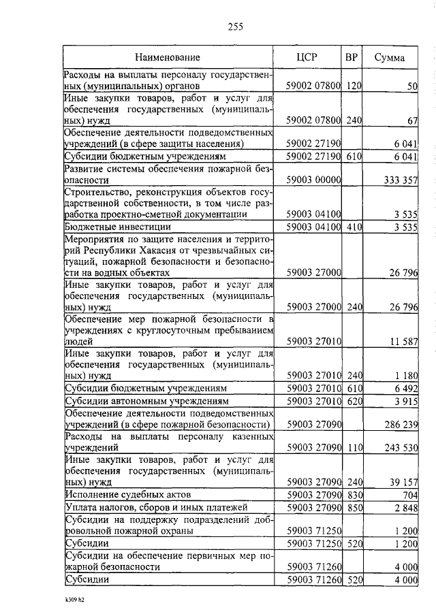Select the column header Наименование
(x=167, y=58)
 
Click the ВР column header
(x=352, y=57)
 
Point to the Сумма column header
(x=390, y=58)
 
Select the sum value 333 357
(x=398, y=180)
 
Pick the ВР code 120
(x=352, y=86)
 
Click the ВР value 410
(x=352, y=227)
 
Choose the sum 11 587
(x=400, y=341)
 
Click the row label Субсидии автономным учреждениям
(x=146, y=401)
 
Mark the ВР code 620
(x=352, y=401)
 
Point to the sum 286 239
(x=398, y=424)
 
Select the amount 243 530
(x=398, y=448)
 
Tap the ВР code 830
(x=352, y=494)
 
